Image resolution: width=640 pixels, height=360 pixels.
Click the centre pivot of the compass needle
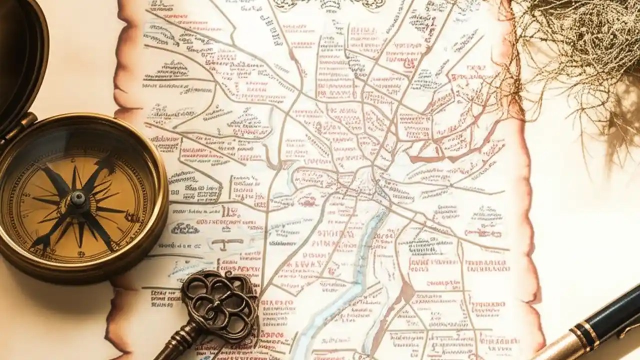(x=77, y=198)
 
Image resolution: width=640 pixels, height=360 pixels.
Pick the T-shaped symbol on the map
(x=227, y=243)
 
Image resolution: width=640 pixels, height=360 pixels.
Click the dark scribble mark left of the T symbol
(x=185, y=228)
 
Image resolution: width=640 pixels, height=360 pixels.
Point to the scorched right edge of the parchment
(x=530, y=225)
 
